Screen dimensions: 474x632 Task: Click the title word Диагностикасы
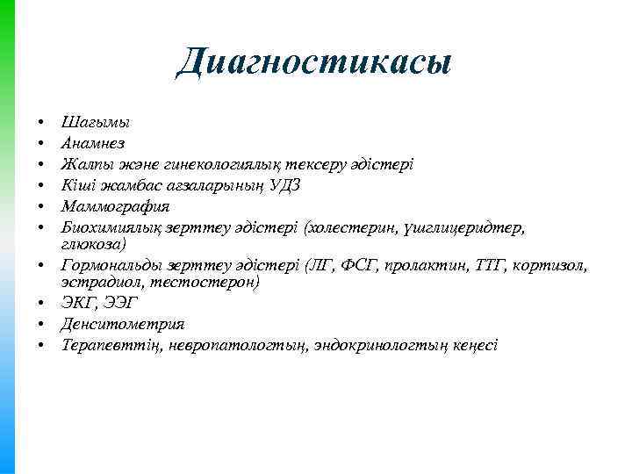314,61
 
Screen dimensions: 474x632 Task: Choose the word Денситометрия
111,324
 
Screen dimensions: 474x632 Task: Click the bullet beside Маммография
41,207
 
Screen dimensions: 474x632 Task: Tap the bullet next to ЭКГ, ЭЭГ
41,304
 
